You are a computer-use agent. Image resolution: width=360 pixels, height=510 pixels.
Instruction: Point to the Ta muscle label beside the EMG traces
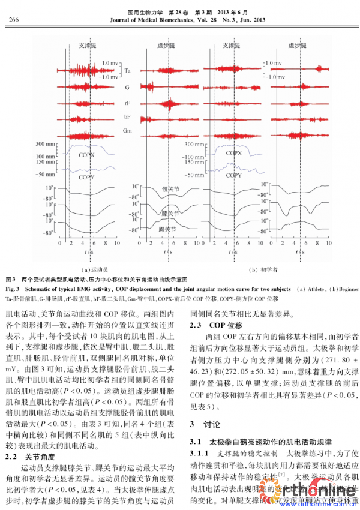128,71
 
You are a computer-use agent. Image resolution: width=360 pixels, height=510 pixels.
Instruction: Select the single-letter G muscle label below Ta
127,87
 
